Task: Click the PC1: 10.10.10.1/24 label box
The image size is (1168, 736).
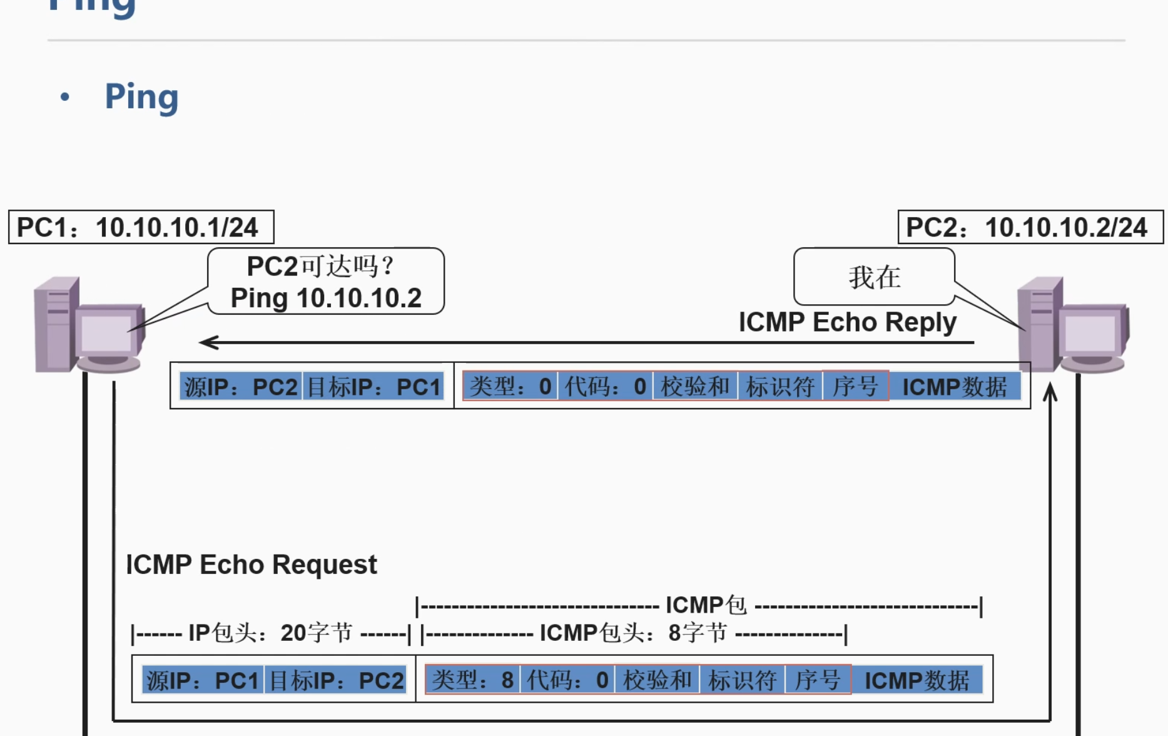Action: coord(141,227)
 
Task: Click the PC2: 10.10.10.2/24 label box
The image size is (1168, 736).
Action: coord(1030,227)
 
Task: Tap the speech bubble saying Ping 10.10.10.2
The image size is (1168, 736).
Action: coord(326,282)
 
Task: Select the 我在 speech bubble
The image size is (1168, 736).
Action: coord(874,277)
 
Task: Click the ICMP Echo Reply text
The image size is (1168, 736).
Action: coord(847,322)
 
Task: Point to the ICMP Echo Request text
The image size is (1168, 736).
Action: coord(251,565)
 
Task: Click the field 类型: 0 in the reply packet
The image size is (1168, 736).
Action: coord(510,386)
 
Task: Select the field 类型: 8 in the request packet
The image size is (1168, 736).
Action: coord(472,680)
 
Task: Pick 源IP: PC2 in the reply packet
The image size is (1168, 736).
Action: coord(241,387)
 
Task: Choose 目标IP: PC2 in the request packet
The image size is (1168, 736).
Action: coord(336,680)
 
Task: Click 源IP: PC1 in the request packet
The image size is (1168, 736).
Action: coord(203,680)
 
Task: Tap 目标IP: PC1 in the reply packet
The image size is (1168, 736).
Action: coord(374,387)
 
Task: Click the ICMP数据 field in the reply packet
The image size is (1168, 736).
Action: coord(954,387)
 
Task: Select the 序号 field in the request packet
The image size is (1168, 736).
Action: coord(817,680)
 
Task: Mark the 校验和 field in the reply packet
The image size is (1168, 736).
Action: coord(695,386)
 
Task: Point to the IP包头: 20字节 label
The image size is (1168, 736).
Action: coord(270,633)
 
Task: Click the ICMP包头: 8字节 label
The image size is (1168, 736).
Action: coord(633,633)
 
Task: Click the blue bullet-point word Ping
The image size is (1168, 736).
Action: coord(141,97)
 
